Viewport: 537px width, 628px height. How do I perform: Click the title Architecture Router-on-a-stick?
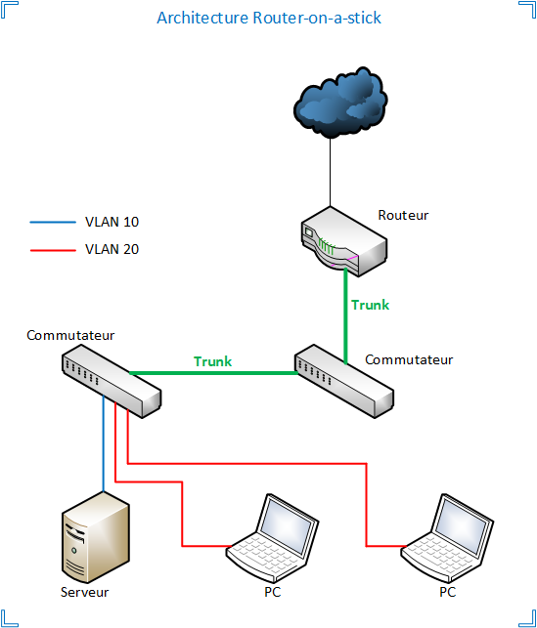click(268, 19)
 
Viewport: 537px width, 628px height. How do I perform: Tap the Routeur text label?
click(403, 215)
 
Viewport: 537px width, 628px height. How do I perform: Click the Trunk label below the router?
click(370, 305)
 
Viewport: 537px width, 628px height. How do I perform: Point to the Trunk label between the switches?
click(213, 361)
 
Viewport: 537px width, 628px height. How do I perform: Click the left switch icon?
click(111, 380)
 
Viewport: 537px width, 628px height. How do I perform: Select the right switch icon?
click(345, 378)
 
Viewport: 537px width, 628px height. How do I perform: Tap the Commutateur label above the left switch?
click(71, 336)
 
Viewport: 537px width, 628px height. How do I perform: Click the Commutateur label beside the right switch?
click(409, 359)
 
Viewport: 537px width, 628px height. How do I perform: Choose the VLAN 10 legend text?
click(112, 223)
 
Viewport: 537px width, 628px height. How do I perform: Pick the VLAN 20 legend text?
click(112, 249)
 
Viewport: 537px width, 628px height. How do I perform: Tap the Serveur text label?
click(85, 592)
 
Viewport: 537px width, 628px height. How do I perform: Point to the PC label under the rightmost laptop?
click(447, 592)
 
